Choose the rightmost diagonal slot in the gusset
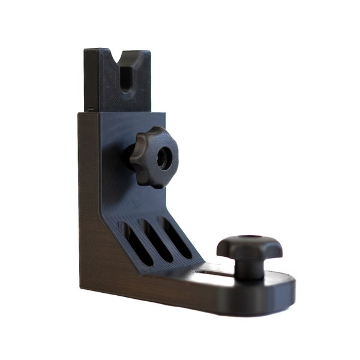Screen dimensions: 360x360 click(x=176, y=239)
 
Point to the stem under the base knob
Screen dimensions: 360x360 click(x=249, y=269)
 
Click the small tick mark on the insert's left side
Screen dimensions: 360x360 click(x=88, y=109)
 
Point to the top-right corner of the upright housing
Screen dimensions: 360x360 click(x=165, y=113)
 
